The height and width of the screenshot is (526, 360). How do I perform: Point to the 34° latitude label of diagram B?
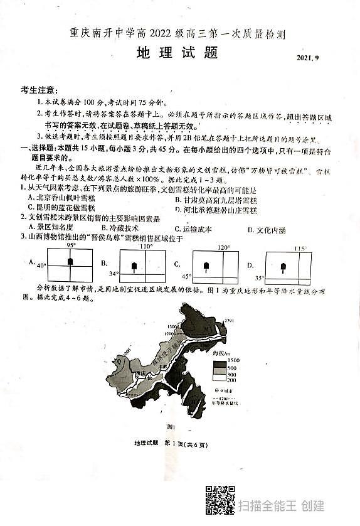pos(113,274)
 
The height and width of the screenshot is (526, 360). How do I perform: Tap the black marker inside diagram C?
pos(205,267)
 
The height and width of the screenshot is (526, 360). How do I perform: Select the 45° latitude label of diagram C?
pos(186,276)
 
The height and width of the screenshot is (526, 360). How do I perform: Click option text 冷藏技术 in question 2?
pos(122,228)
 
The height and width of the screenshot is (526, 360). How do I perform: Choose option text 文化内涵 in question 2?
pos(270,230)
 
